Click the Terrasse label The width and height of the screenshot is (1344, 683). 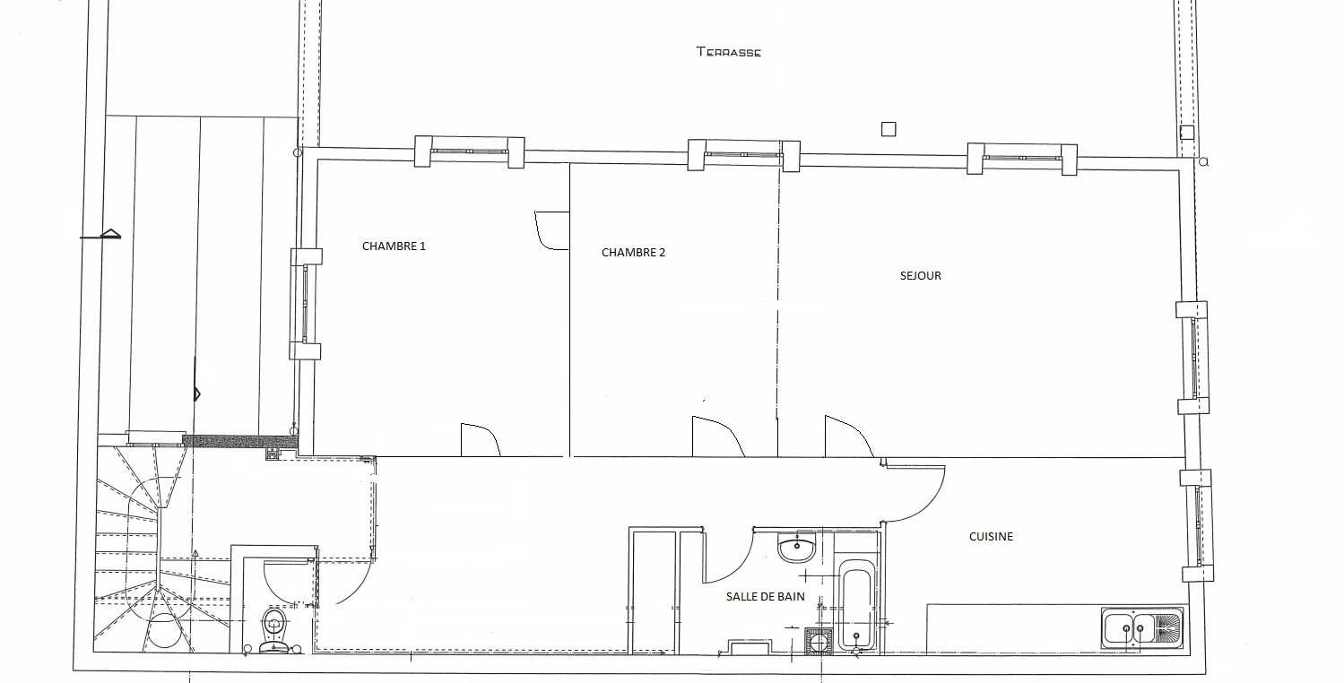[728, 52]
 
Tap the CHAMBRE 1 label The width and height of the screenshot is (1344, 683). [394, 246]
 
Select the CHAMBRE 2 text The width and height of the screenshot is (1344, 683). [633, 253]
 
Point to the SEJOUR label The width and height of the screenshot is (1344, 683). [921, 276]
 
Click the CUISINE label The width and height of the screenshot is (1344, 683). [991, 537]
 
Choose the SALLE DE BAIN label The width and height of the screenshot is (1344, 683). [765, 597]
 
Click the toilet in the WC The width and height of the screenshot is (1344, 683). [274, 630]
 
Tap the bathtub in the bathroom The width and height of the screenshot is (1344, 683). [856, 605]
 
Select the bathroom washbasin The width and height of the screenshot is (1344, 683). [797, 548]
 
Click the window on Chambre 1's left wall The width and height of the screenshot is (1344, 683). [306, 304]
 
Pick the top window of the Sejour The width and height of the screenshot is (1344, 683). [1022, 159]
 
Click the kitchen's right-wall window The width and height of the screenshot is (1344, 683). [1198, 525]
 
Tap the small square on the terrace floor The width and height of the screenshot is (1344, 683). [889, 129]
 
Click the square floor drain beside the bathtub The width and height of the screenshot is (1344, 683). [819, 641]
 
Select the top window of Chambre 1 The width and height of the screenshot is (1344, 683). [469, 151]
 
